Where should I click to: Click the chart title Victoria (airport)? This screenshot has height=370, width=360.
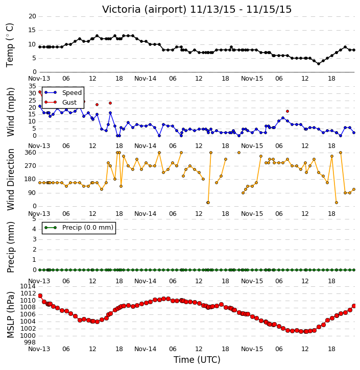click(x=144, y=10)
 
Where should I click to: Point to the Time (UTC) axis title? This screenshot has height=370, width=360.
click(x=197, y=360)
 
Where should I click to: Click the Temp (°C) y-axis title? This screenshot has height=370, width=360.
click(x=10, y=45)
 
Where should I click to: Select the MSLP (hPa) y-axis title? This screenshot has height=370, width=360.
click(x=10, y=314)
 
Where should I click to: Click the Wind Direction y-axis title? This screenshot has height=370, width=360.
click(x=10, y=180)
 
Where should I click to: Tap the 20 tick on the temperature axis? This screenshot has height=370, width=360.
click(x=32, y=16)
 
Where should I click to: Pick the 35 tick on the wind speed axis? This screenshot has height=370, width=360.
click(x=32, y=86)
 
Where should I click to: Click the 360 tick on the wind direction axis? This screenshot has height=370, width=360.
click(x=31, y=153)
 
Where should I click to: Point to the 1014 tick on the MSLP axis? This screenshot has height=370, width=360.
click(x=28, y=286)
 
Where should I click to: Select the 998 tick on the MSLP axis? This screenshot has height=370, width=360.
click(x=30, y=342)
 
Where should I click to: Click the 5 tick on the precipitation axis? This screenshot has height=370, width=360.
click(x=34, y=219)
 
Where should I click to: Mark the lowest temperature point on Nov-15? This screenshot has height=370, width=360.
click(x=319, y=64)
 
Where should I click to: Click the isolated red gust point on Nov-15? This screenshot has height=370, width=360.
click(x=287, y=111)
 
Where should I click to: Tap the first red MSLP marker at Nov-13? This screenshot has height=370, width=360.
click(x=40, y=296)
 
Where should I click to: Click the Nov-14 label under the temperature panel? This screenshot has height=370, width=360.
click(x=145, y=79)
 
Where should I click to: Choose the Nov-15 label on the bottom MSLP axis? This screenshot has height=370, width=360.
click(x=252, y=349)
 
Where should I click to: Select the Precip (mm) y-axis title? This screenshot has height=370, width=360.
click(x=10, y=248)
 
